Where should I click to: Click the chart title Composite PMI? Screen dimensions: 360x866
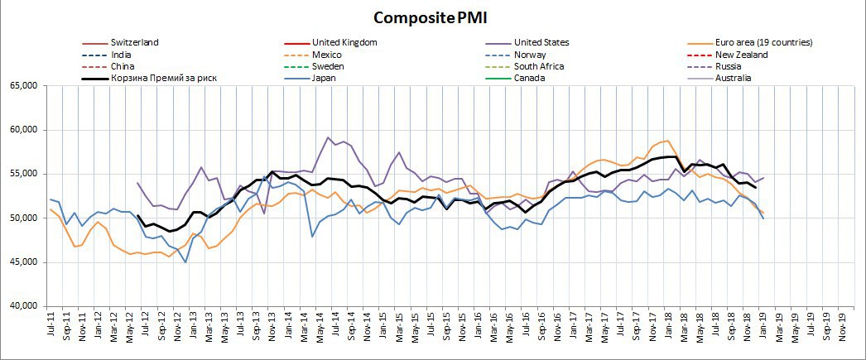click(x=432, y=17)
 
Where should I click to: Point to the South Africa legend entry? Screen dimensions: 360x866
click(x=539, y=66)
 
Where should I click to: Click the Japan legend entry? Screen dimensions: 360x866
click(x=326, y=79)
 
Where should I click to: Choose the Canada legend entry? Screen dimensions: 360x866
click(x=529, y=79)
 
